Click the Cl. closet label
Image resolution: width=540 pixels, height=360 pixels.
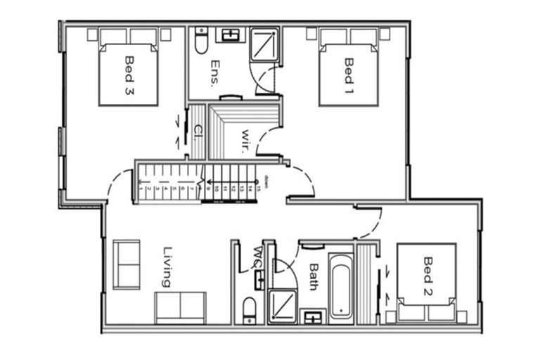tap(198, 131)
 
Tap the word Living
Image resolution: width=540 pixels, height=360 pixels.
tap(167, 266)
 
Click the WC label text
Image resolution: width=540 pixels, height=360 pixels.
tap(257, 257)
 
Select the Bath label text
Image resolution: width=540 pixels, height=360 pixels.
tap(314, 276)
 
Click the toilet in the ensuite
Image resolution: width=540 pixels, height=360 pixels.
tap(202, 42)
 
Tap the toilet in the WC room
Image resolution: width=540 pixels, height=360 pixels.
tap(250, 309)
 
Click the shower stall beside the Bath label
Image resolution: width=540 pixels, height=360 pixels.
tap(281, 307)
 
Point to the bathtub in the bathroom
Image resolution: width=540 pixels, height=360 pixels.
tap(341, 287)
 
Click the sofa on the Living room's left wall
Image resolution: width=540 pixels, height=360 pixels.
tap(127, 264)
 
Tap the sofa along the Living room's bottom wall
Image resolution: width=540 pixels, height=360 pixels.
tap(181, 307)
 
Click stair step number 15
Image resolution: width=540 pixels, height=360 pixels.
tap(258, 188)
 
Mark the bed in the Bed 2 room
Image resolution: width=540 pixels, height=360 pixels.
tap(426, 281)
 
